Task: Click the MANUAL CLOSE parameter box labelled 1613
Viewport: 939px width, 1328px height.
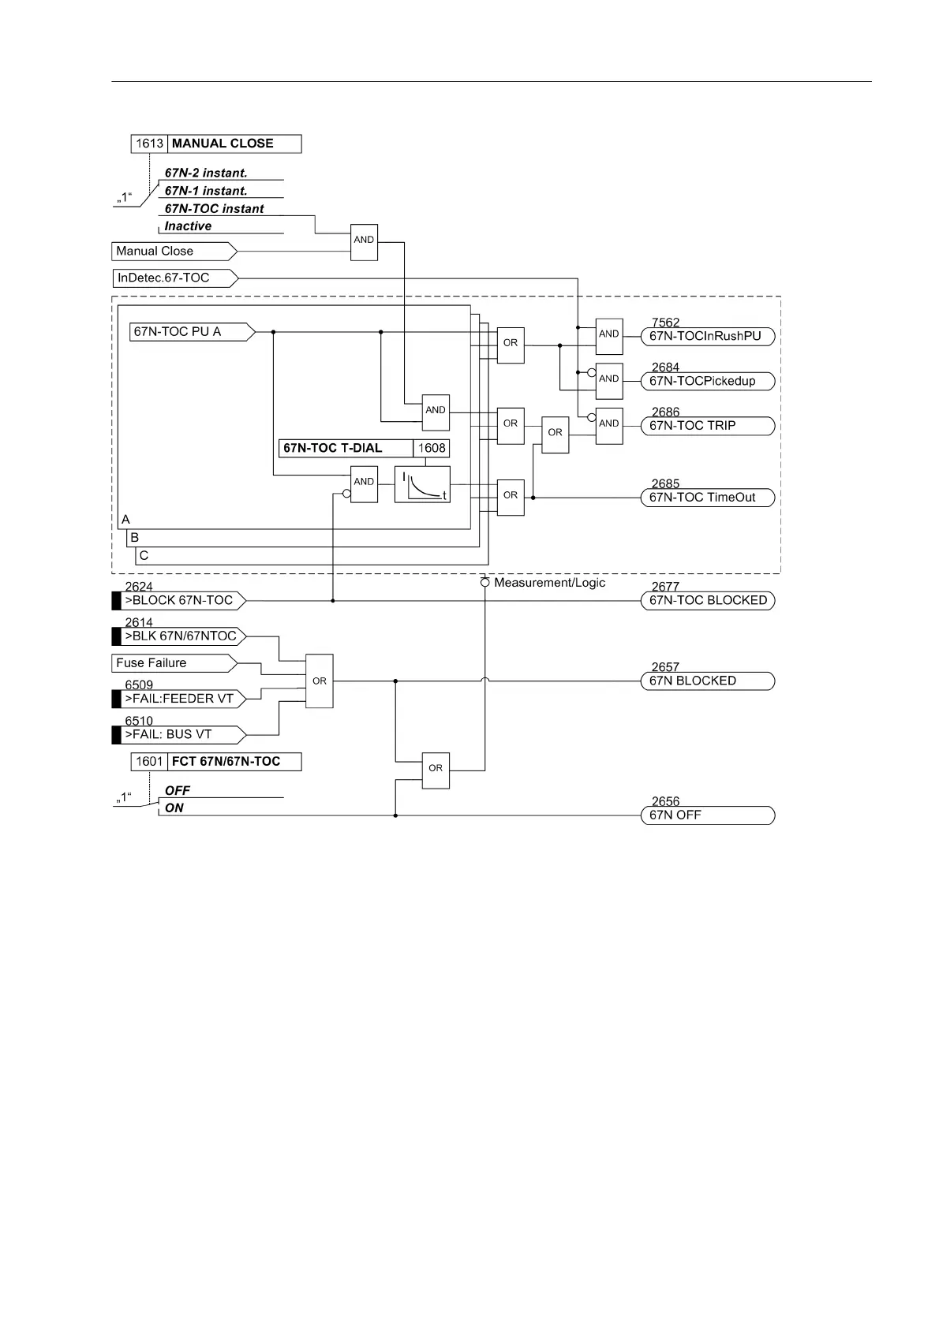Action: click(215, 144)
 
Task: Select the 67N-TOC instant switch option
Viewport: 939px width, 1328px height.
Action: click(214, 209)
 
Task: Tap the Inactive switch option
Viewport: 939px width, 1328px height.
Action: click(188, 226)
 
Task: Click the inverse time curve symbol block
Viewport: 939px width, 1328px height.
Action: click(422, 484)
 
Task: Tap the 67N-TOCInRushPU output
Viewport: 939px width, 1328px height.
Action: click(707, 337)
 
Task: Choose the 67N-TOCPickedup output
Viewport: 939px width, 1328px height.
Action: click(707, 382)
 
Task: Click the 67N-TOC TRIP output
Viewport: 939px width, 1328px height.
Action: click(707, 426)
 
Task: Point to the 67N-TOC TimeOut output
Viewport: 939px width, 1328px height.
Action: click(707, 498)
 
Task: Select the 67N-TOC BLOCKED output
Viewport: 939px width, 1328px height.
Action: click(707, 601)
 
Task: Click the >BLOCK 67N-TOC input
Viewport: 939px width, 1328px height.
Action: click(179, 601)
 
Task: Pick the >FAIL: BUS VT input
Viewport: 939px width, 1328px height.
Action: click(179, 735)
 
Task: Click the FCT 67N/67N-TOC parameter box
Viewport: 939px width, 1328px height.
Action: click(215, 762)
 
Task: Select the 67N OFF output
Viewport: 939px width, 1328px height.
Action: click(707, 815)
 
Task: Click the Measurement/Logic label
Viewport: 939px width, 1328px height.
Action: click(549, 583)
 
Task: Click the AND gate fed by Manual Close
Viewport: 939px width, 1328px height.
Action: click(364, 241)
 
